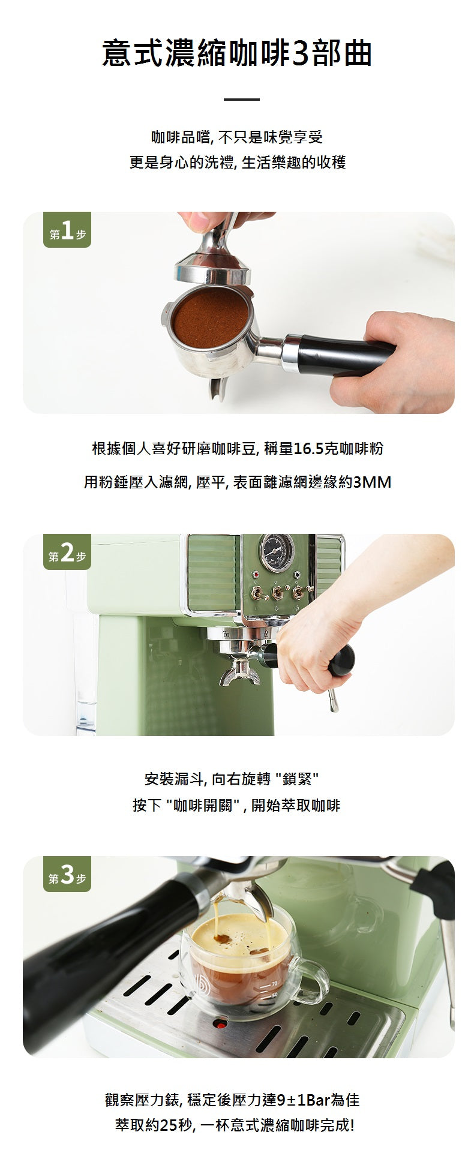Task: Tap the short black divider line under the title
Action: click(x=241, y=99)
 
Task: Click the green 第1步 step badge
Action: click(x=67, y=231)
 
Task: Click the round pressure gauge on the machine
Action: click(x=277, y=552)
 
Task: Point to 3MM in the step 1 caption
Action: click(x=372, y=482)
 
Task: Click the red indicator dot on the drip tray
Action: click(x=220, y=1023)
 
